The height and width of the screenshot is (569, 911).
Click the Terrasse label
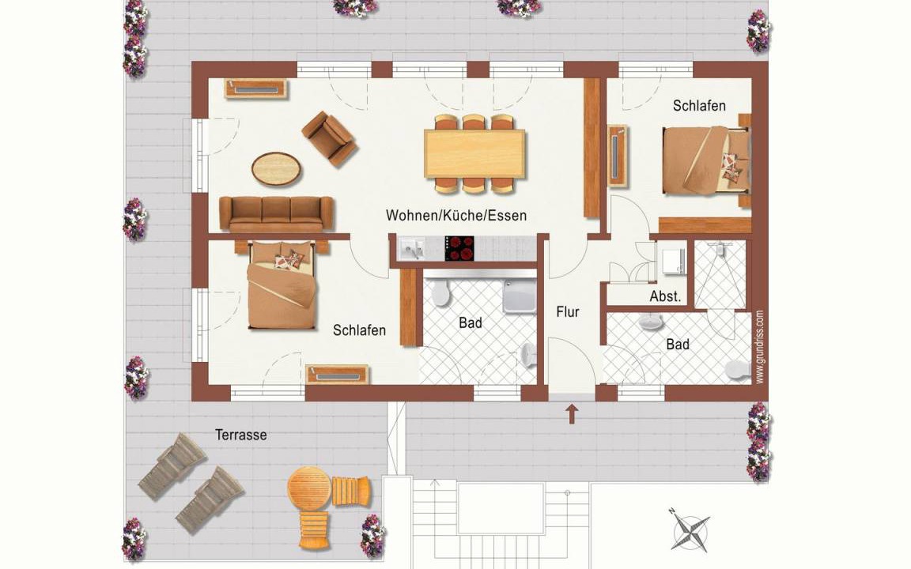click(240, 435)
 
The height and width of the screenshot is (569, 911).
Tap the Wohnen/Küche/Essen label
click(456, 216)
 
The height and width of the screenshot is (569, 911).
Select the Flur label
click(568, 312)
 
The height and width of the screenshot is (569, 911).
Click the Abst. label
click(665, 296)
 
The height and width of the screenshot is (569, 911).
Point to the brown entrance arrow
click(573, 413)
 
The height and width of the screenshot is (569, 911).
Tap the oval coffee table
click(277, 169)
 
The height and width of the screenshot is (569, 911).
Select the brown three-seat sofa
click(277, 213)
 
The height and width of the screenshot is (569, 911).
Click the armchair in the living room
click(329, 138)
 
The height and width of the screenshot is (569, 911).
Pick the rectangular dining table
click(474, 153)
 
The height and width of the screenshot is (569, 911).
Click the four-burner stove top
click(459, 248)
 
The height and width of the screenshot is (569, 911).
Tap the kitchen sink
click(412, 248)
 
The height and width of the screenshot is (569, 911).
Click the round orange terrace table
click(309, 487)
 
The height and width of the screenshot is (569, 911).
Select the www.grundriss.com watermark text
click(760, 347)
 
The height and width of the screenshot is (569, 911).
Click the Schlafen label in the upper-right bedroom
click(699, 106)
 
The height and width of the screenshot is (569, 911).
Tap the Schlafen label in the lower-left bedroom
click(359, 330)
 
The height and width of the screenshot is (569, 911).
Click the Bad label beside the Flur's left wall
click(470, 322)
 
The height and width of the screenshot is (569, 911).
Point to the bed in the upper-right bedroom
click(706, 161)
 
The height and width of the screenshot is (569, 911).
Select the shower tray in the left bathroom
click(520, 296)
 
